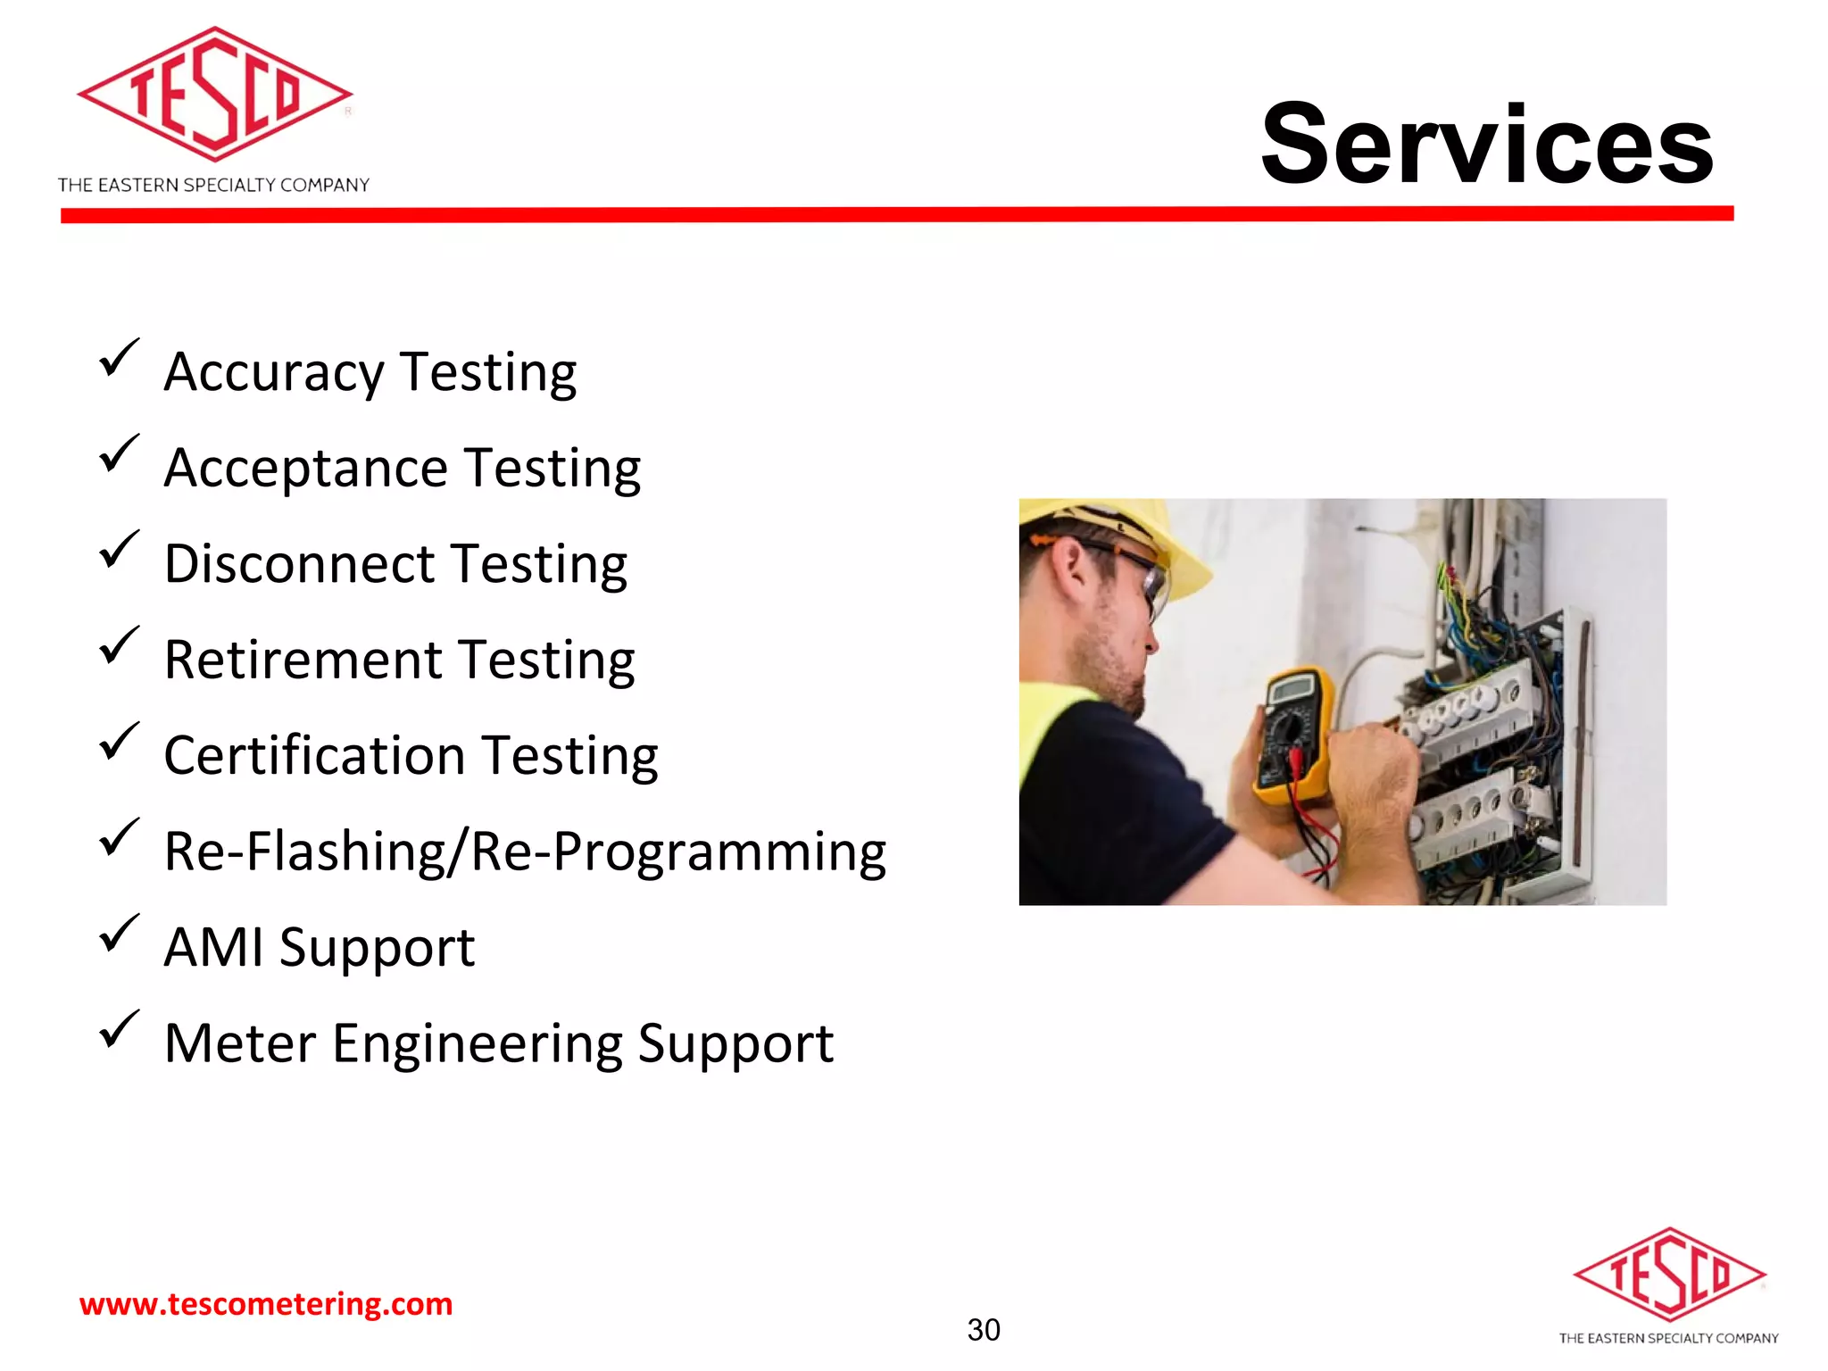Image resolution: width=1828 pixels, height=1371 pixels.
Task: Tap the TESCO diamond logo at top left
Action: pos(215,95)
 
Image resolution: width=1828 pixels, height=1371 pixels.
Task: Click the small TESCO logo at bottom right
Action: pos(1669,1275)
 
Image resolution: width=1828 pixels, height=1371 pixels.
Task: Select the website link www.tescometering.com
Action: pos(266,1304)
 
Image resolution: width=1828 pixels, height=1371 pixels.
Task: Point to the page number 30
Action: pos(984,1330)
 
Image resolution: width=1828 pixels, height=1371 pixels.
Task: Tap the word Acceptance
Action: pos(305,468)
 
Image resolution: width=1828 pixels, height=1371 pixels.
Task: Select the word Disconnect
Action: pos(300,564)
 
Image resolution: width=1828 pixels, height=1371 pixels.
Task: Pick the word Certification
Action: pos(315,756)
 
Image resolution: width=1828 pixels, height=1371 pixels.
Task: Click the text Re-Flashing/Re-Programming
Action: pos(525,852)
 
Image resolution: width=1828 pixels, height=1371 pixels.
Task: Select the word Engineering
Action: pos(477,1043)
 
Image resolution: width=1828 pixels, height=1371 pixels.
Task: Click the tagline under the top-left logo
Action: pos(213,185)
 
